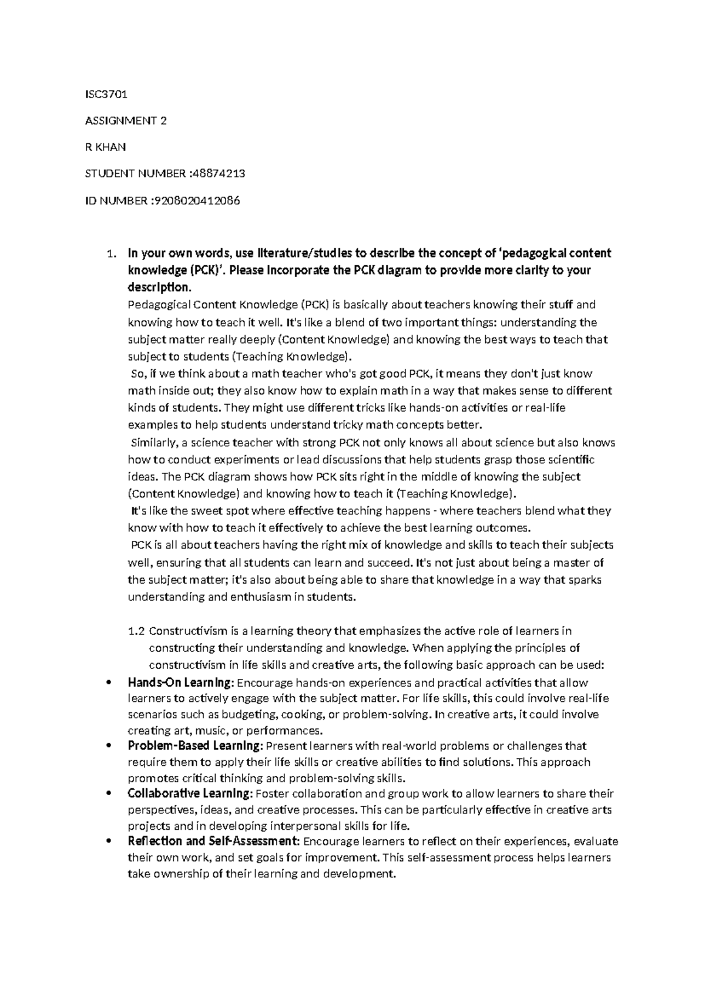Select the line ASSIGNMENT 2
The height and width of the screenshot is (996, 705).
coord(126,121)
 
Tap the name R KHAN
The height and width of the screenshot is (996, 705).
coord(105,147)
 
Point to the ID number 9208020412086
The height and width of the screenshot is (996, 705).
coord(196,201)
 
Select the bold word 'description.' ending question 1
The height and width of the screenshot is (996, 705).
coord(159,288)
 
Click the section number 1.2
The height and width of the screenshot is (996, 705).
coord(136,631)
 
